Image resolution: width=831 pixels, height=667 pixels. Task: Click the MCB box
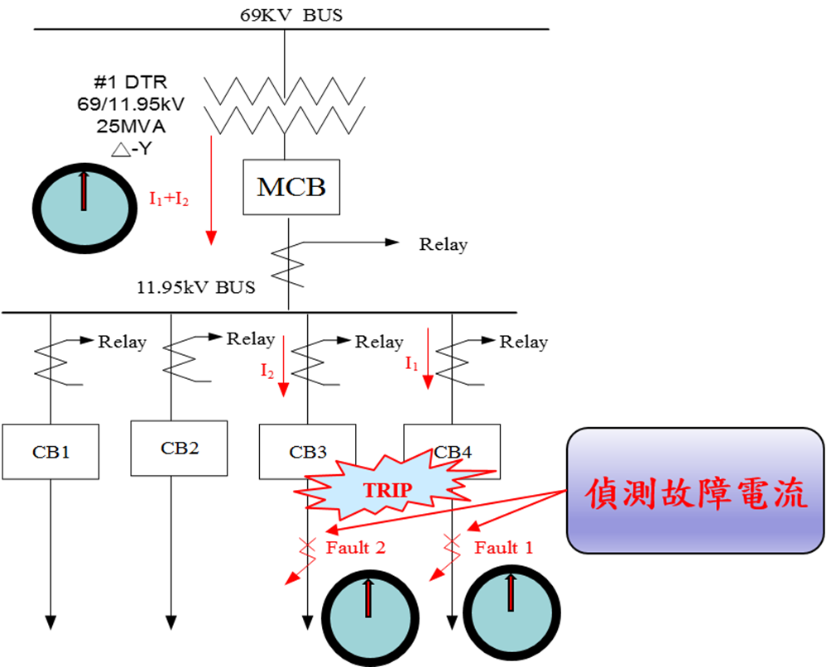[x=291, y=187]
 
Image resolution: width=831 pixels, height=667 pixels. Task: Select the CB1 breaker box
[x=50, y=452]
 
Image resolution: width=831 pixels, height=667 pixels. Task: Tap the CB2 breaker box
[x=179, y=448]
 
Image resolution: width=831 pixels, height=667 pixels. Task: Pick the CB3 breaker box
[x=307, y=452]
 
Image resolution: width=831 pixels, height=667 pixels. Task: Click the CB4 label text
[x=453, y=452]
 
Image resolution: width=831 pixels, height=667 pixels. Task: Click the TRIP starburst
[x=387, y=490]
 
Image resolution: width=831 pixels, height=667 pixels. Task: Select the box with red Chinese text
[x=695, y=490]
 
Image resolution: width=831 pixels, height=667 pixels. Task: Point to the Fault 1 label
[x=504, y=547]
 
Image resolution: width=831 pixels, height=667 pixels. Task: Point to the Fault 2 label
[x=356, y=547]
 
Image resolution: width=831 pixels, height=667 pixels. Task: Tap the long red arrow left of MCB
[x=211, y=190]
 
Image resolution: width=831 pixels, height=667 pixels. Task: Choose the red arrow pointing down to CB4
[x=428, y=358]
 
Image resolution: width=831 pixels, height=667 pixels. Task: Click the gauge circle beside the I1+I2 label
[x=84, y=208]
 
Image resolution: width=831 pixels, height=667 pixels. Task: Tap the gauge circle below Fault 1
[x=512, y=613]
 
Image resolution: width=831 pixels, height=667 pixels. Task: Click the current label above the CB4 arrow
[x=412, y=362]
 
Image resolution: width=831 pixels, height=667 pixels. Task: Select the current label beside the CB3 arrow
[x=267, y=372]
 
